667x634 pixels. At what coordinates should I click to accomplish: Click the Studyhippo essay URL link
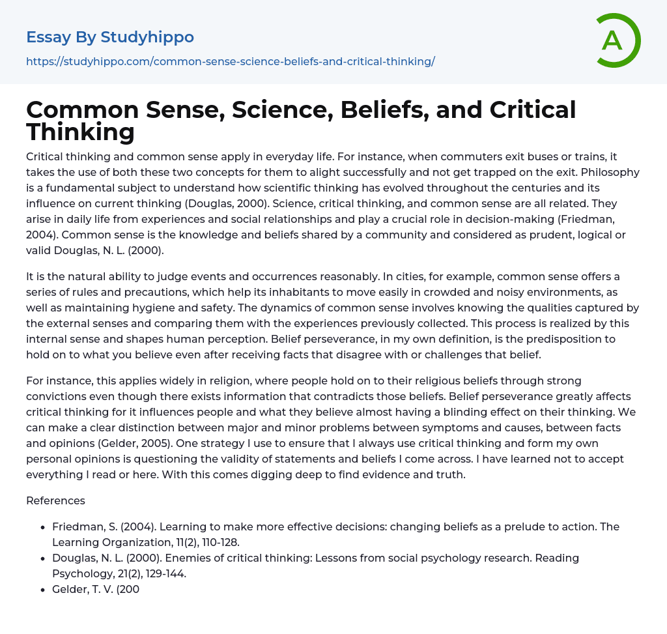231,62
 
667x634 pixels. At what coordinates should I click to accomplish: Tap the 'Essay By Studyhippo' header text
110,37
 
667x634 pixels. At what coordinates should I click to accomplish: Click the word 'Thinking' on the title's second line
80,132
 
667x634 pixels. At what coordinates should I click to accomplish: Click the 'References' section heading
55,500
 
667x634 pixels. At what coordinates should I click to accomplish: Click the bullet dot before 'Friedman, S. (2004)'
42,527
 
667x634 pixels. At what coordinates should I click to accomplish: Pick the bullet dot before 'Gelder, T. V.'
42,590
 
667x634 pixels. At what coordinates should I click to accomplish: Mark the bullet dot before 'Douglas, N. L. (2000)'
42,558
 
